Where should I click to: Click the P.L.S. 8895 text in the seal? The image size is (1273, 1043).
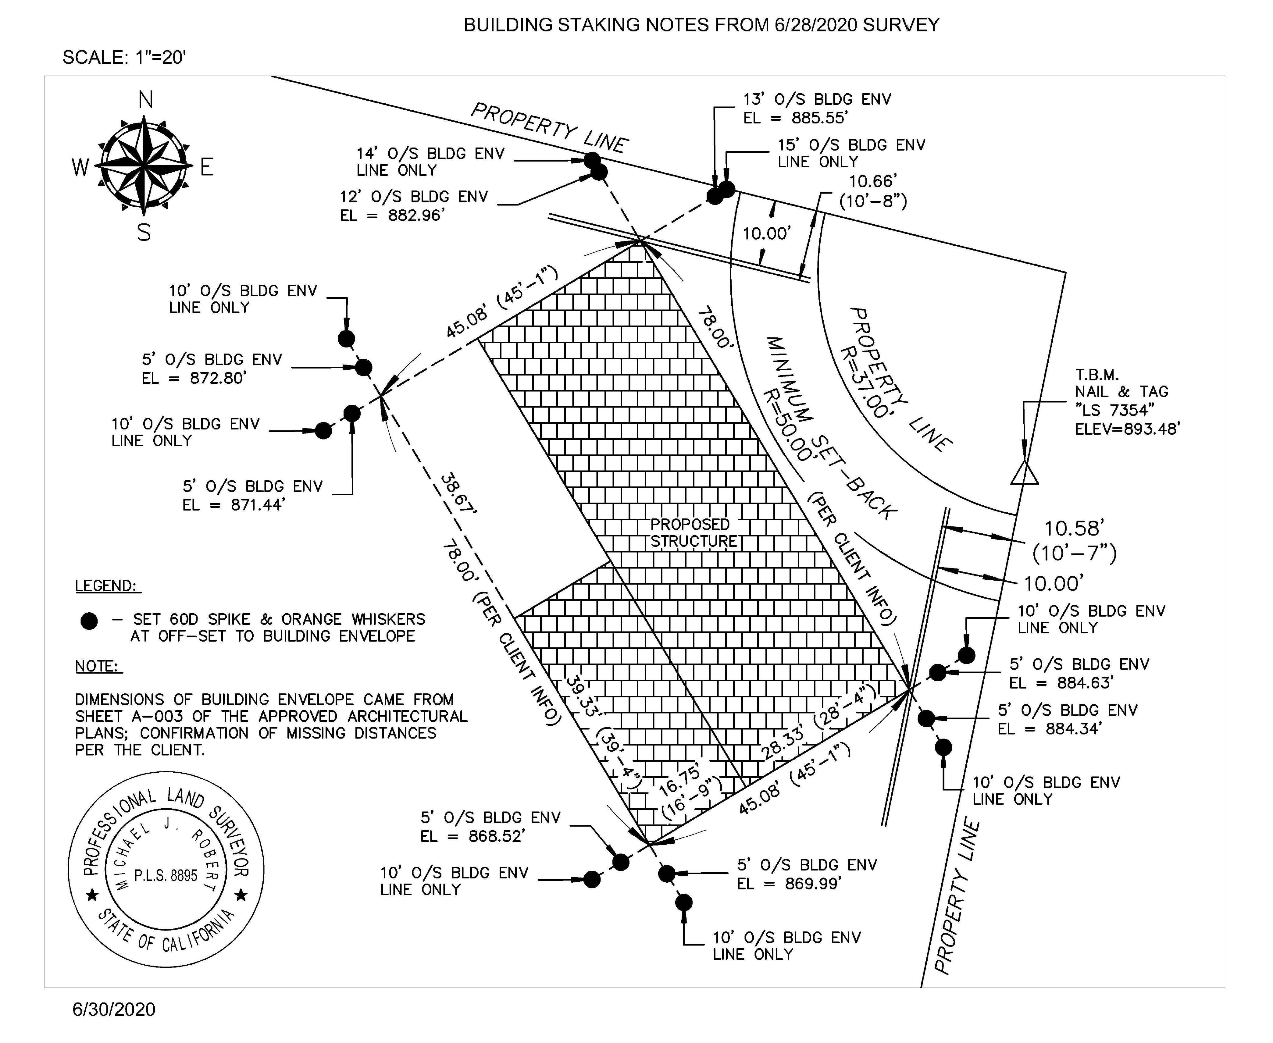pos(166,875)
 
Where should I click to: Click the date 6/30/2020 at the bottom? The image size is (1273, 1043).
pos(114,1009)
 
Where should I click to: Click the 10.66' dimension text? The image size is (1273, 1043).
pos(873,181)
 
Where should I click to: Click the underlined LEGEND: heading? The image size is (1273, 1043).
pos(107,586)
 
